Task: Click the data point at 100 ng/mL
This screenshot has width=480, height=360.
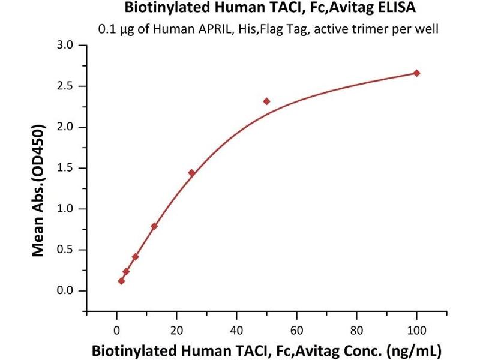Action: [x=417, y=73]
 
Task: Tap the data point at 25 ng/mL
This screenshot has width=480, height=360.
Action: [x=191, y=173]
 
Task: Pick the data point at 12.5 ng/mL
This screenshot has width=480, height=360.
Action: [x=154, y=226]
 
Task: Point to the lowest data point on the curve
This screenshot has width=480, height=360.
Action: [x=121, y=281]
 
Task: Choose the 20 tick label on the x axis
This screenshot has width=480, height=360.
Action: [x=176, y=329]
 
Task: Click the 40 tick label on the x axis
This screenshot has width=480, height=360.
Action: [x=236, y=329]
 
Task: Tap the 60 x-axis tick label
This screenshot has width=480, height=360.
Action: [x=296, y=329]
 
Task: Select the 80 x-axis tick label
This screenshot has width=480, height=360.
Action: [x=356, y=329]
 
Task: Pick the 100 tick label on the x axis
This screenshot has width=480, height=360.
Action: [x=416, y=329]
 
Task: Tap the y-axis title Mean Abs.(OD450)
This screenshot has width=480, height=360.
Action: [x=39, y=191]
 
